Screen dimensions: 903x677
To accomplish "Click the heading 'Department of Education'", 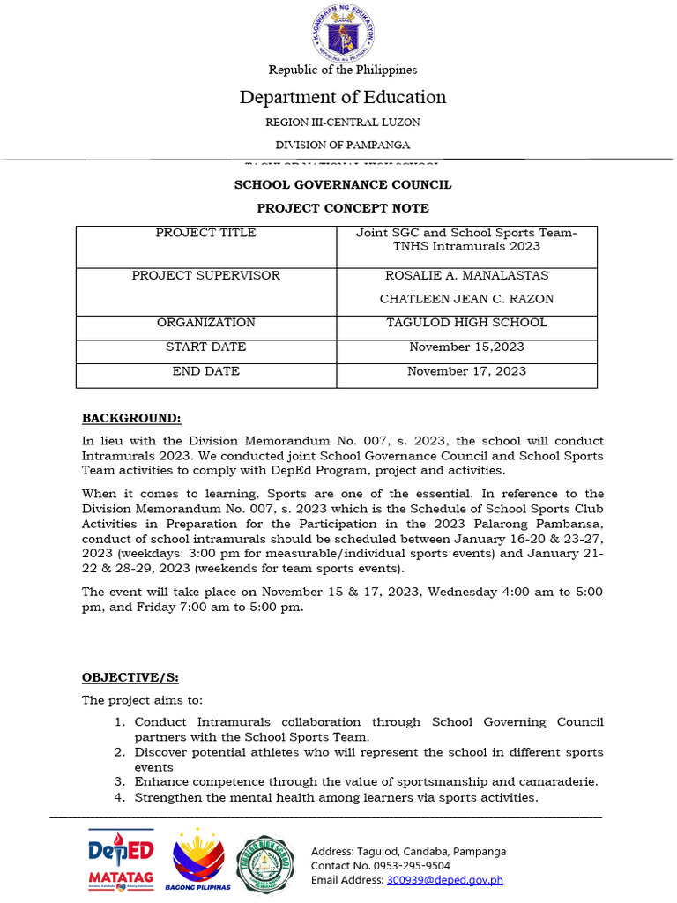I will click(343, 97).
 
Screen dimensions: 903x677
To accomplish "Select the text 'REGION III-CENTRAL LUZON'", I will click(343, 123).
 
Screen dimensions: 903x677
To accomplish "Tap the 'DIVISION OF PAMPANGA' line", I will click(343, 145).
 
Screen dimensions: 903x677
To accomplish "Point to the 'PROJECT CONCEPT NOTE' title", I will click(343, 208).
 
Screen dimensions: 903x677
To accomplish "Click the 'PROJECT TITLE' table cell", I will click(206, 234).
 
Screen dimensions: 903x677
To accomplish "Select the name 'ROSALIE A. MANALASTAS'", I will click(466, 276).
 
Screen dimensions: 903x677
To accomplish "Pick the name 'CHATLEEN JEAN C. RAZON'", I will click(466, 299).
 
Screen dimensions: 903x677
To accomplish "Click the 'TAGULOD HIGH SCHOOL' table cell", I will click(466, 323).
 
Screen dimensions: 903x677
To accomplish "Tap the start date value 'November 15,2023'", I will click(466, 347).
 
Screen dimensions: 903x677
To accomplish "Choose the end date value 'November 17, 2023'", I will click(466, 371).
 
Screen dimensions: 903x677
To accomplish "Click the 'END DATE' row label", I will click(206, 371).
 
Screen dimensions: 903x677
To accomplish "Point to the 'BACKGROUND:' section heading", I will click(131, 417).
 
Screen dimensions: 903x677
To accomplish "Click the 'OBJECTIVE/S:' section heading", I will click(130, 677).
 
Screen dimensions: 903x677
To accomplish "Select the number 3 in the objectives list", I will click(119, 781).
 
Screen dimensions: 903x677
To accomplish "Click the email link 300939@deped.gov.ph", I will click(444, 879).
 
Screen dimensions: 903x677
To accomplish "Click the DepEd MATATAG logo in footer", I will click(121, 860).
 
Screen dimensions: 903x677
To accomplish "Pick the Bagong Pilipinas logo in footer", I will click(198, 861).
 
